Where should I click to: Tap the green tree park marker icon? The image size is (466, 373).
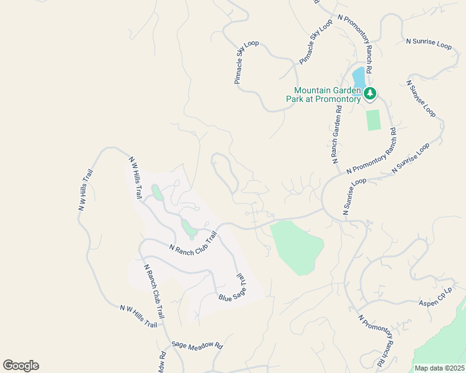coord(371,94)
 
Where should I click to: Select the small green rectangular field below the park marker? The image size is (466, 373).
coord(373,119)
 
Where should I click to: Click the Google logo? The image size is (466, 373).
coord(21,366)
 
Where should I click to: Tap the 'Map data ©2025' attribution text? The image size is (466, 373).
coord(439,367)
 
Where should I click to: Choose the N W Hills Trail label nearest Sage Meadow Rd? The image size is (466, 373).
coord(139,316)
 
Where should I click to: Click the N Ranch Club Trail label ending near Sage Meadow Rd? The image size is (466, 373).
coord(155,292)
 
